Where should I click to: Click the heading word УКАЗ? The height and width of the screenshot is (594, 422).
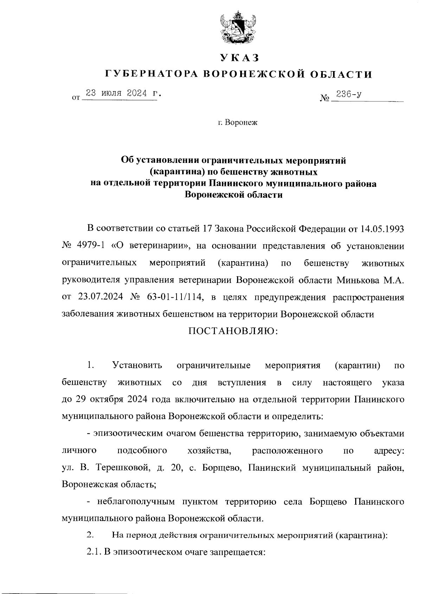point(239,57)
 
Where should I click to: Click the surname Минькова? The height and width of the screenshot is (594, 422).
point(359,280)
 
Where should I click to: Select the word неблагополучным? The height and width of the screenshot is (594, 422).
point(136,501)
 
